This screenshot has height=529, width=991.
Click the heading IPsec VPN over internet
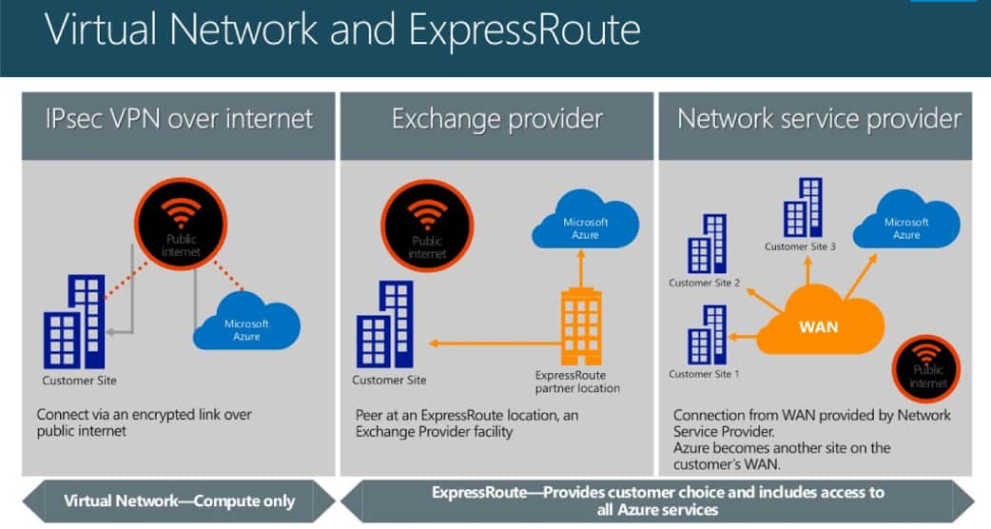[x=179, y=120]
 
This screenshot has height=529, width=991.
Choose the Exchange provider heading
[x=496, y=120]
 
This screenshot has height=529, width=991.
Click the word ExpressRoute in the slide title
[x=524, y=31]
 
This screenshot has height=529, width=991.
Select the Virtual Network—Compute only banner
[x=179, y=500]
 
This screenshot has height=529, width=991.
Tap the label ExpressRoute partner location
[x=577, y=381]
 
